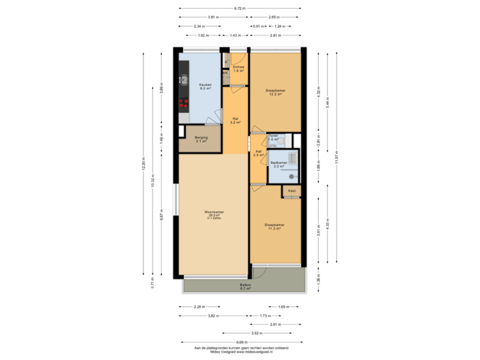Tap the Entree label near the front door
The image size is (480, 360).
click(239, 68)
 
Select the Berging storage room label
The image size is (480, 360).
click(201, 139)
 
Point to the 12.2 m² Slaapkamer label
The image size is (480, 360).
click(274, 93)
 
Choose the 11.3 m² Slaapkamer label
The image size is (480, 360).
click(274, 227)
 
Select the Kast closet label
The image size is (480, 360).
click(291, 191)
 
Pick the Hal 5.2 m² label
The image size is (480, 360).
click(235, 121)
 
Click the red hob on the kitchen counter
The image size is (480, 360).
click(183, 103)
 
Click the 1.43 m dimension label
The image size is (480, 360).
click(235, 34)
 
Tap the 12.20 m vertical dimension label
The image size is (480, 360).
click(143, 164)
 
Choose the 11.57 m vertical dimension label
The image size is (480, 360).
click(336, 159)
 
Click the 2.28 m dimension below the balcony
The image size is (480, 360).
click(199, 307)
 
